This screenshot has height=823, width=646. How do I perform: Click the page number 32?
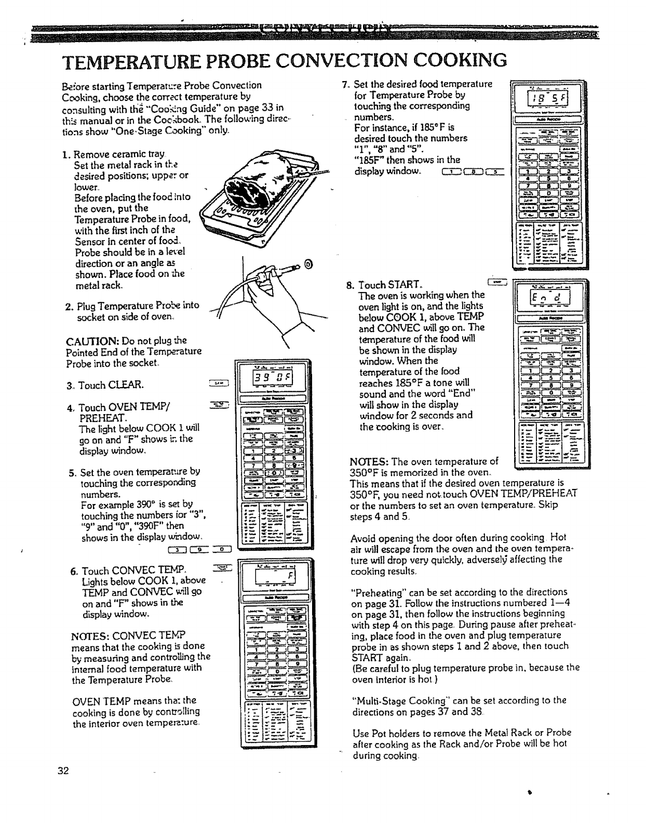[x=64, y=771]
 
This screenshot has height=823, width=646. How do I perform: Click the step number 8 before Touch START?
[x=350, y=285]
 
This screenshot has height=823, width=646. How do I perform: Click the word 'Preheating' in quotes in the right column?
[x=379, y=592]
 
